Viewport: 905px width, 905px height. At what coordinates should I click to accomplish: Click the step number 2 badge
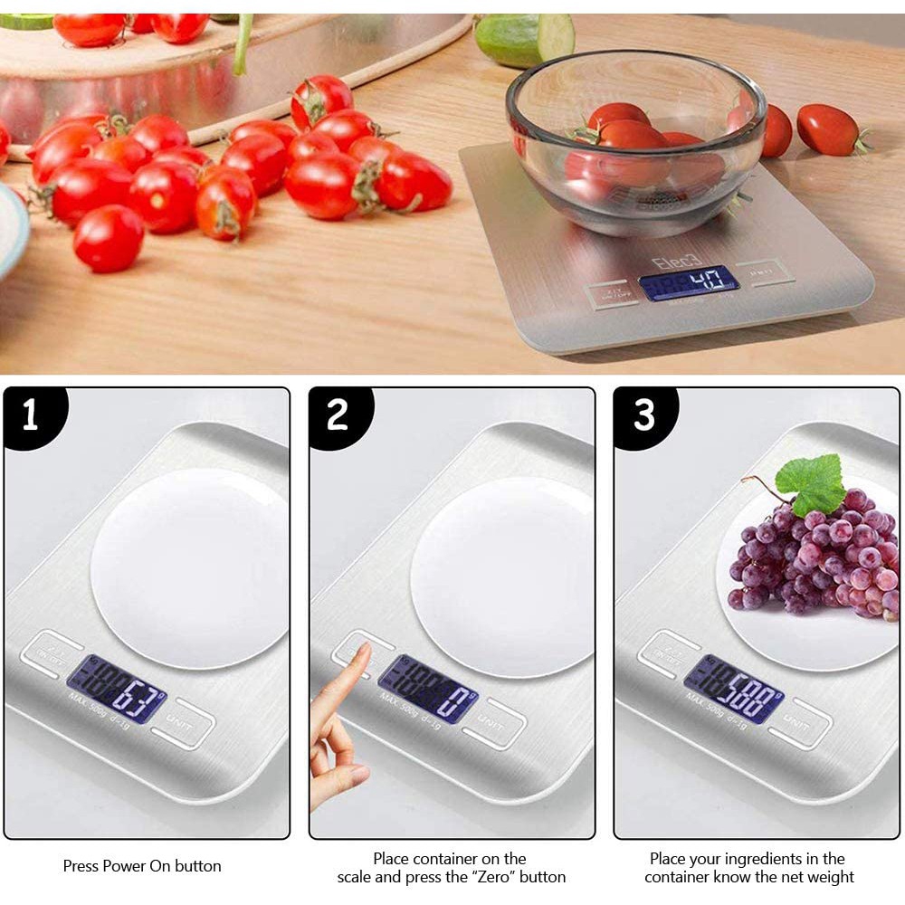[x=337, y=415]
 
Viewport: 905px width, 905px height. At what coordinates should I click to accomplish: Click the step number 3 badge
[x=643, y=415]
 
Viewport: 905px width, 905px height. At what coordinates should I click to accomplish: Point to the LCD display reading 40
[x=689, y=283]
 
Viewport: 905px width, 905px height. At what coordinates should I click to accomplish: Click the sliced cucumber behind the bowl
[x=525, y=37]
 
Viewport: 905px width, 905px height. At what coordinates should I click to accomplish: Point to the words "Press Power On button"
[x=142, y=866]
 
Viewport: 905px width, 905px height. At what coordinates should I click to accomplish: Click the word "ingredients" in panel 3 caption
[x=776, y=859]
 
